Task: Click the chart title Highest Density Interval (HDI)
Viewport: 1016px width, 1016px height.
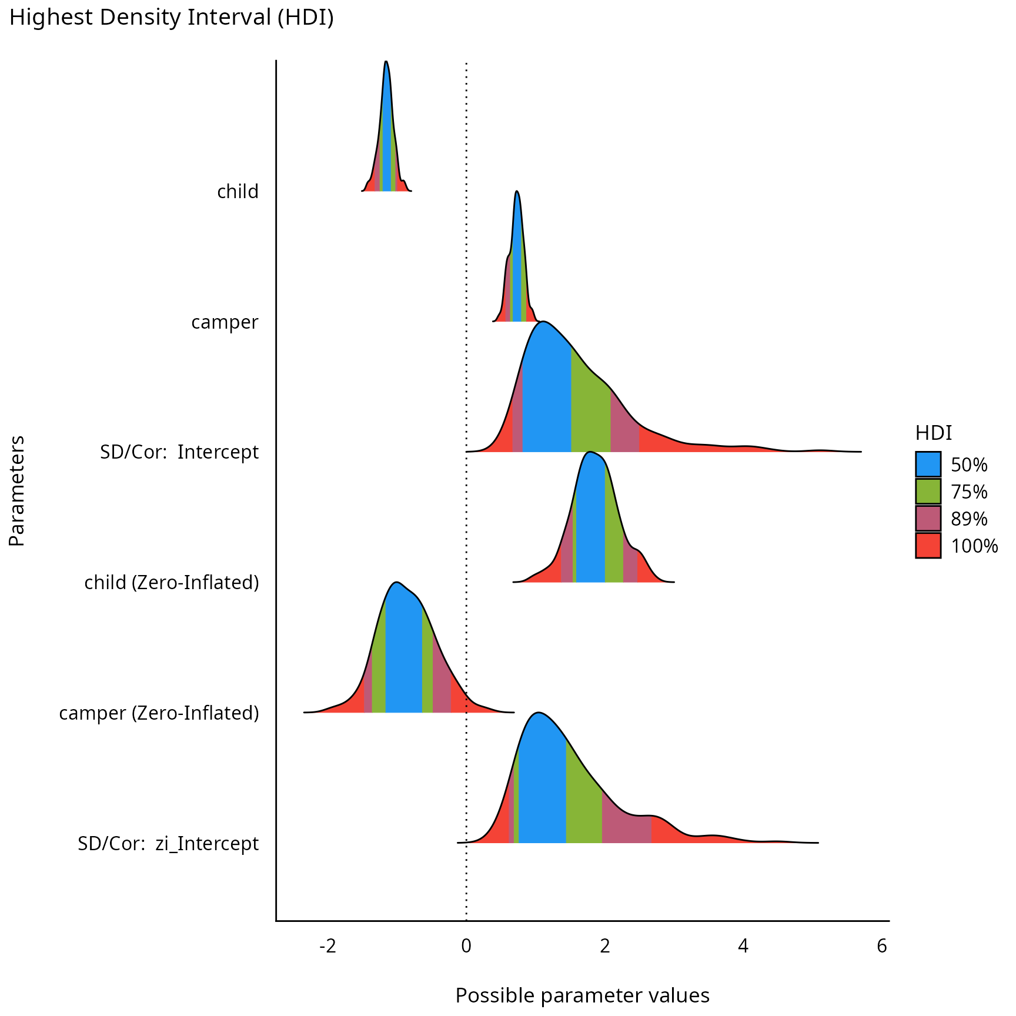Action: pyautogui.click(x=171, y=18)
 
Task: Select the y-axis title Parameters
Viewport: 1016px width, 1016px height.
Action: pyautogui.click(x=17, y=490)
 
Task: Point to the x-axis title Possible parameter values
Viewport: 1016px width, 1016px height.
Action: pyautogui.click(x=582, y=995)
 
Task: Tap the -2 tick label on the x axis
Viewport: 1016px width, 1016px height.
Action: pyautogui.click(x=327, y=946)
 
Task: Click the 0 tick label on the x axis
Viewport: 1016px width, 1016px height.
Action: pyautogui.click(x=466, y=946)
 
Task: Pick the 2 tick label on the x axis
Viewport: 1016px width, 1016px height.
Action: pyautogui.click(x=604, y=946)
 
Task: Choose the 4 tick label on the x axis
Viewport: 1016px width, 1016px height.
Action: pyautogui.click(x=743, y=946)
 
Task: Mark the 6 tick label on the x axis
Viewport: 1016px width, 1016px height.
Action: pyautogui.click(x=881, y=946)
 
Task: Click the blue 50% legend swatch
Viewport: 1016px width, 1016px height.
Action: pyautogui.click(x=928, y=464)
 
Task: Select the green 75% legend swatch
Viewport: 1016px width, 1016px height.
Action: pyautogui.click(x=928, y=491)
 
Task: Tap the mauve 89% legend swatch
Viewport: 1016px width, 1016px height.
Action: pyautogui.click(x=928, y=518)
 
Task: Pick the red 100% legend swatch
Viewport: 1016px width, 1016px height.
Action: pyautogui.click(x=928, y=545)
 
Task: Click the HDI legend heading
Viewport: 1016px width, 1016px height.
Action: pyautogui.click(x=933, y=433)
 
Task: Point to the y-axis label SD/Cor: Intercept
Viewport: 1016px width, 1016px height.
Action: pyautogui.click(x=179, y=452)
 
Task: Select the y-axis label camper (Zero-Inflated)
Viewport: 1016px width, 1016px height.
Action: pyautogui.click(x=159, y=713)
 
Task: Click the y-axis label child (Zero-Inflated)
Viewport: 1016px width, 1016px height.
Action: pyautogui.click(x=172, y=583)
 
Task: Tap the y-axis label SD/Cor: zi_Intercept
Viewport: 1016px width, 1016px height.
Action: pyautogui.click(x=168, y=844)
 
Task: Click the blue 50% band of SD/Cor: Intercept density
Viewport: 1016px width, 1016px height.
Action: pyautogui.click(x=547, y=400)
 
